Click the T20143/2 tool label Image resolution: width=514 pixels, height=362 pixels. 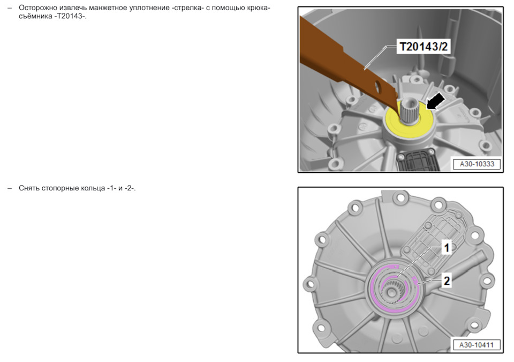423,46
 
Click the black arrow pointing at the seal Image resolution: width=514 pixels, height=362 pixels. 436,101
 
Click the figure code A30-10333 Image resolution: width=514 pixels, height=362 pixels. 477,164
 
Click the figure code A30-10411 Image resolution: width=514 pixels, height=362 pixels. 477,345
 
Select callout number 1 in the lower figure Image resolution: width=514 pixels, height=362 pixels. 446,247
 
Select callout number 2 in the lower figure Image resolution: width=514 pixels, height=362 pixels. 447,281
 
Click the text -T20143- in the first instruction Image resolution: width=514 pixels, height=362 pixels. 69,16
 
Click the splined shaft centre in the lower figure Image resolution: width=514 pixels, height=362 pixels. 391,291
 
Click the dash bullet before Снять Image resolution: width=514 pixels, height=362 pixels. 10,188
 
